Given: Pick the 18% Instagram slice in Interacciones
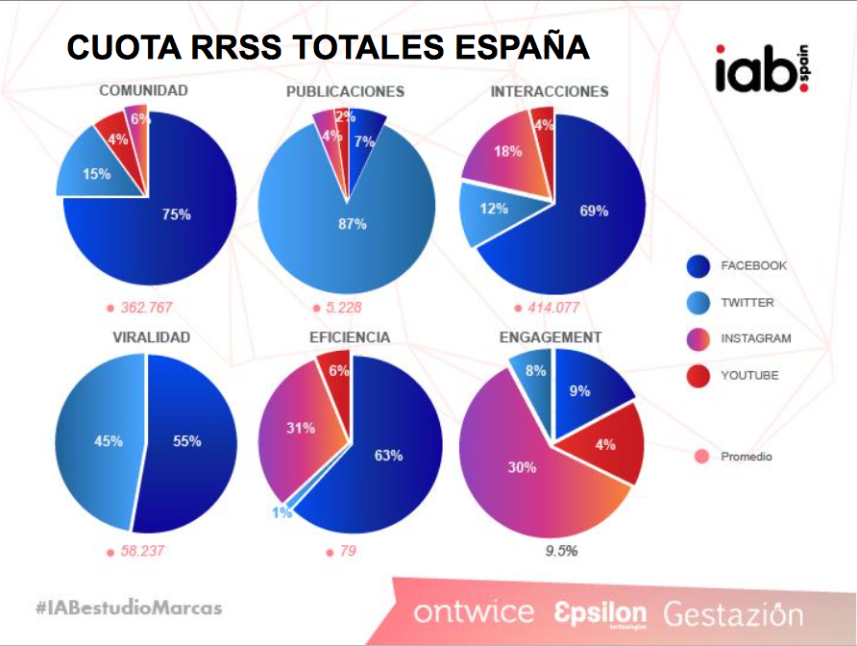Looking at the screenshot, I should pyautogui.click(x=504, y=154).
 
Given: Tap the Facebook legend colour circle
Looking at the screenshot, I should pyautogui.click(x=698, y=266).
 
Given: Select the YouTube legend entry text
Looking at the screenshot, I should pyautogui.click(x=749, y=376).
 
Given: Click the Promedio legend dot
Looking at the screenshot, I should pyautogui.click(x=699, y=457).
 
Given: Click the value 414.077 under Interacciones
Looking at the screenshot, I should pyautogui.click(x=553, y=308).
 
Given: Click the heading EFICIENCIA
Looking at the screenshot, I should pyautogui.click(x=350, y=337).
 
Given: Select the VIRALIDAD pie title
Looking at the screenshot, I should pyautogui.click(x=151, y=337).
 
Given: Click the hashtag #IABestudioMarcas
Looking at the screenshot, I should pyautogui.click(x=129, y=608).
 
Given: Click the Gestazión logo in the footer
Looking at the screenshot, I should pyautogui.click(x=732, y=612).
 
